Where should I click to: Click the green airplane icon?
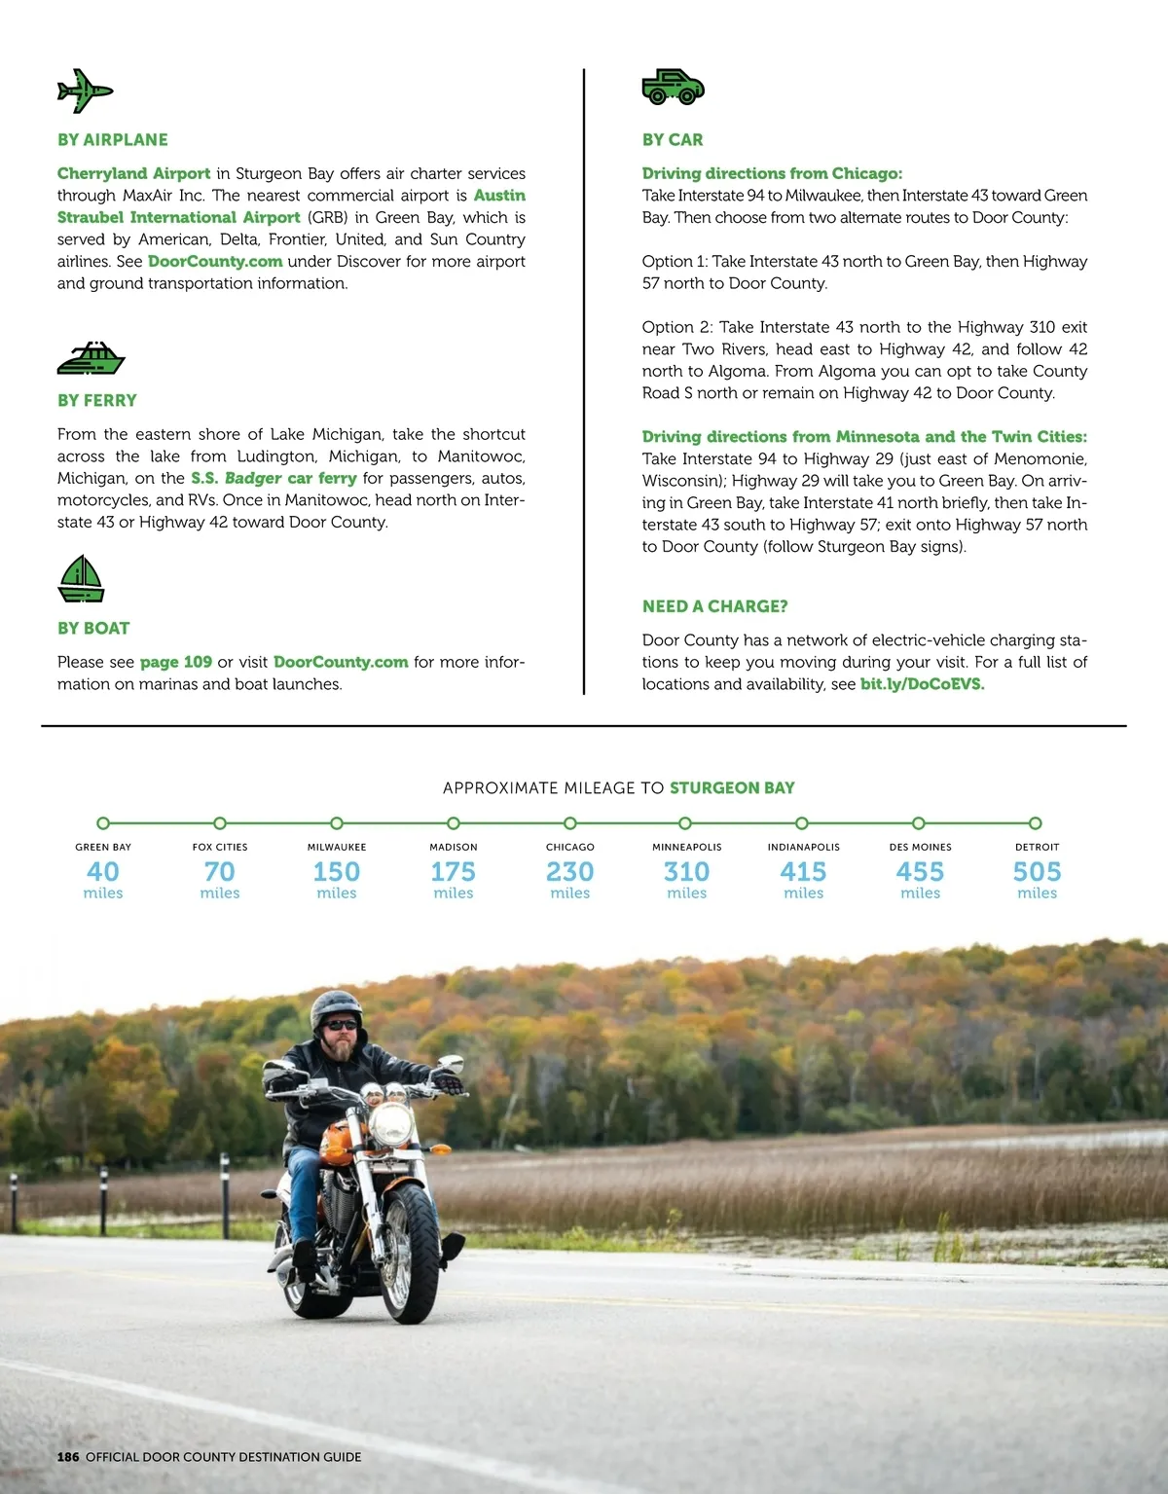[85, 91]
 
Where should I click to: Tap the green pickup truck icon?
[673, 87]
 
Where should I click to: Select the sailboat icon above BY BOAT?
[81, 578]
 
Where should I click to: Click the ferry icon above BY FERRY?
[91, 358]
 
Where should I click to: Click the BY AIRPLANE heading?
[112, 140]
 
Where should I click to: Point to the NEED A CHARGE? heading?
[714, 606]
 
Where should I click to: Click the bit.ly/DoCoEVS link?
[922, 684]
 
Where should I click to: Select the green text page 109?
[175, 662]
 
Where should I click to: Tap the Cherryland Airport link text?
[133, 173]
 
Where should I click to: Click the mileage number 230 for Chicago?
[569, 872]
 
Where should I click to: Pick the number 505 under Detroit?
[1037, 872]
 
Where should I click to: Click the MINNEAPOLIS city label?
[686, 847]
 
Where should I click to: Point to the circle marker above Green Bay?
[103, 823]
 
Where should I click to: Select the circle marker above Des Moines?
[919, 823]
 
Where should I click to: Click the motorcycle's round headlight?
[392, 1124]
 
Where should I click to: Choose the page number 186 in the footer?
[68, 1457]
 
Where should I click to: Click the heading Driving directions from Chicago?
[772, 173]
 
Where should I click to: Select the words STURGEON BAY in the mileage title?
[732, 788]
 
